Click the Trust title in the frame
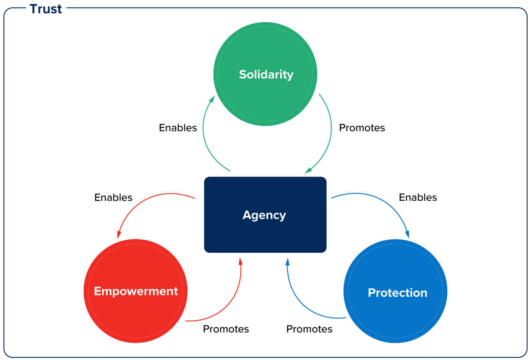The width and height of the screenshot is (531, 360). pyautogui.click(x=46, y=9)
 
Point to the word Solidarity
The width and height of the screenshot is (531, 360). pyautogui.click(x=266, y=74)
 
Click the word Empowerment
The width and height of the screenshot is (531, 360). pyautogui.click(x=136, y=291)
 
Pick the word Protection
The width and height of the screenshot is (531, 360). pyautogui.click(x=397, y=293)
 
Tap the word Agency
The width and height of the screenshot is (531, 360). pyautogui.click(x=264, y=215)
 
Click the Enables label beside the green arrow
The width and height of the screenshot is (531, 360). pyautogui.click(x=178, y=128)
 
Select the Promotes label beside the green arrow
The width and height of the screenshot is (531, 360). pyautogui.click(x=362, y=128)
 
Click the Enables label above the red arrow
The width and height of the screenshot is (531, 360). pyautogui.click(x=113, y=197)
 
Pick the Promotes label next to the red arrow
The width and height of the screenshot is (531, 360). pyautogui.click(x=226, y=329)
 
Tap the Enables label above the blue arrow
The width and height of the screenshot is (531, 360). pyautogui.click(x=418, y=197)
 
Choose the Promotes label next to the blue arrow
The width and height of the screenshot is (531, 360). pyautogui.click(x=309, y=329)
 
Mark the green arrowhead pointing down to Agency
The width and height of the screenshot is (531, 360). pyautogui.click(x=308, y=170)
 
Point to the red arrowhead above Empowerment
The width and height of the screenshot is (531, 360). pyautogui.click(x=118, y=234)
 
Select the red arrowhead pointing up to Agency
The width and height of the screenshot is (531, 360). pyautogui.click(x=241, y=261)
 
